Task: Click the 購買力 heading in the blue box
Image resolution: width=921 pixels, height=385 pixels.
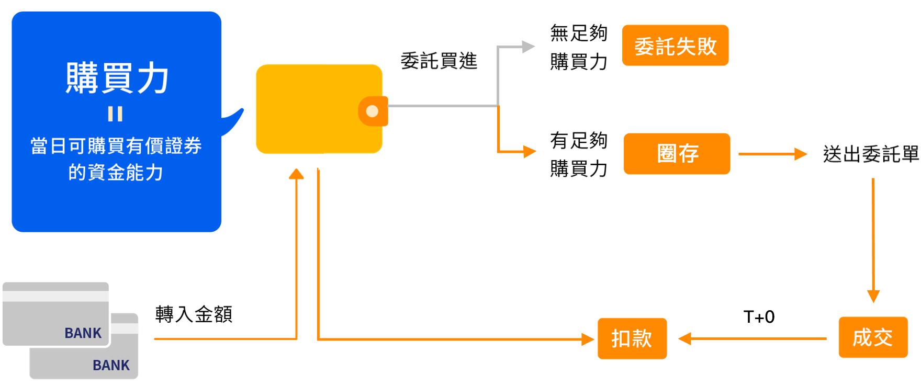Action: (117, 78)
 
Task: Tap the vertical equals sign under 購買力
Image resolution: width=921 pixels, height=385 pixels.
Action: (115, 114)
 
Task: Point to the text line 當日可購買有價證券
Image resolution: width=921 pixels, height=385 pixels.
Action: (116, 146)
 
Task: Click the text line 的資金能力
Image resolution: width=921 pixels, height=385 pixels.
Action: (116, 172)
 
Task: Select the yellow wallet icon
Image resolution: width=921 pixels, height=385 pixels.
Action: (314, 109)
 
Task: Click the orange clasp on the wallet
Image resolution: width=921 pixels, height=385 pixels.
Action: (373, 111)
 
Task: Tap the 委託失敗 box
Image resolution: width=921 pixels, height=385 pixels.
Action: (675, 46)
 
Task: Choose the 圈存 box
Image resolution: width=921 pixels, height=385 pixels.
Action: (677, 154)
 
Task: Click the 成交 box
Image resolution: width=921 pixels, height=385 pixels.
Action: (872, 337)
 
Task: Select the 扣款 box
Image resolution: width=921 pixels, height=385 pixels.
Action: (632, 338)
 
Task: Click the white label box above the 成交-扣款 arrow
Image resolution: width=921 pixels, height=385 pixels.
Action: (758, 313)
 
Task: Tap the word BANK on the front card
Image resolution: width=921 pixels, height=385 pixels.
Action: (83, 333)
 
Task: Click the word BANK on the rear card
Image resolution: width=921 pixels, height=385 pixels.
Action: (111, 365)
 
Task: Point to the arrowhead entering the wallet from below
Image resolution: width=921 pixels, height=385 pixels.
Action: (297, 174)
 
